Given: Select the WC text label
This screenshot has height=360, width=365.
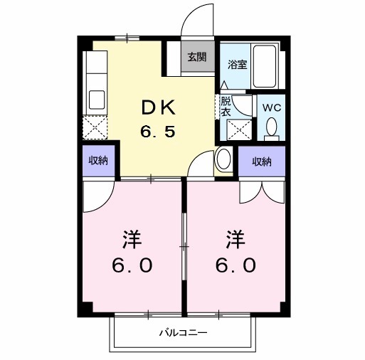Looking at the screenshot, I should [x=272, y=108].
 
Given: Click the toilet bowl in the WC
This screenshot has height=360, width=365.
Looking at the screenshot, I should [x=271, y=127].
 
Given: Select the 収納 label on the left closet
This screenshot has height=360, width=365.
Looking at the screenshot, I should [x=97, y=161].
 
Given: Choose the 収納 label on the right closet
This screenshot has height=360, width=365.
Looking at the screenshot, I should [x=261, y=162].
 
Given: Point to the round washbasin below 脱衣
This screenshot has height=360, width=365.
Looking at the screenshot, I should [x=223, y=158].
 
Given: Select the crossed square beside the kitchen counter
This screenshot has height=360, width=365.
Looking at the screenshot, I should [x=95, y=126].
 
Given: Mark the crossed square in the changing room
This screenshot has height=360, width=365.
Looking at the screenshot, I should [x=238, y=129].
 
